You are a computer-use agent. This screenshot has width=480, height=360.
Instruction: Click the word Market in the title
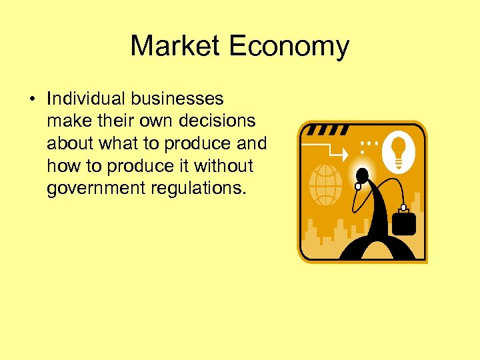(x=175, y=46)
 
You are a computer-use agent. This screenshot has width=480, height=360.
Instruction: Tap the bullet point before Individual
(x=33, y=99)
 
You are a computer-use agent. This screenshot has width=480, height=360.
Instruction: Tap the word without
(x=223, y=166)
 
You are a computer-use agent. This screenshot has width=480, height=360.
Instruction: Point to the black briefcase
(x=404, y=221)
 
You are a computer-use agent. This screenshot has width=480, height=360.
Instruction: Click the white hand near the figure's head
(x=357, y=186)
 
